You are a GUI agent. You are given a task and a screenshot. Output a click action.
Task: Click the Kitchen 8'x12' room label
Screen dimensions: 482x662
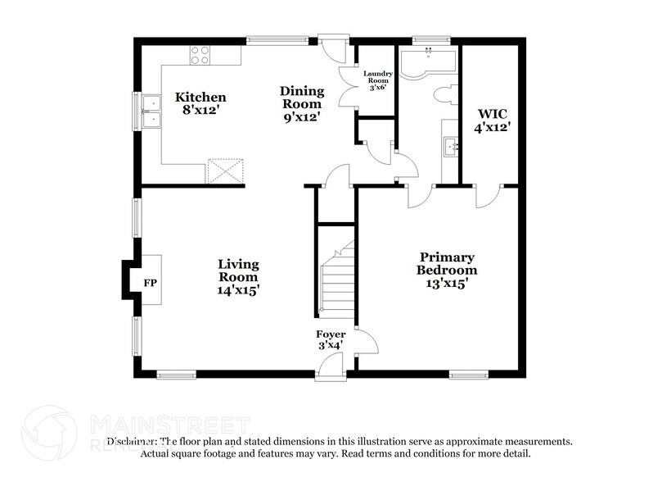pos(200,103)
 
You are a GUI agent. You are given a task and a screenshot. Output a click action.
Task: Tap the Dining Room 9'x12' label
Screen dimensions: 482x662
pos(302,103)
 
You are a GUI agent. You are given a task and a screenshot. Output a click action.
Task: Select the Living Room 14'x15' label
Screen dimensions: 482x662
pos(238,276)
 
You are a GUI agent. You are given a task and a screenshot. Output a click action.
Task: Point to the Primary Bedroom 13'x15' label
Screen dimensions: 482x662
pos(446,270)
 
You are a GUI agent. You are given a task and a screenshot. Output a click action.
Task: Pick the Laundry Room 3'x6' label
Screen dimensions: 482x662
pos(378,82)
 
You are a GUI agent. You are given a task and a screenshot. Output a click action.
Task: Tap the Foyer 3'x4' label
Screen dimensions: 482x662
pos(331,339)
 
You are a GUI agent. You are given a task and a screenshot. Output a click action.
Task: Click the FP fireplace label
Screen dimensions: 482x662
pos(150,283)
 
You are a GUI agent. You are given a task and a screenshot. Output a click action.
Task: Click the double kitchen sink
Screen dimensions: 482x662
pos(151,111)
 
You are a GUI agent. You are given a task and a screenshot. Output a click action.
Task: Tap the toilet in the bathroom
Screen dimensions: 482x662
pos(447,94)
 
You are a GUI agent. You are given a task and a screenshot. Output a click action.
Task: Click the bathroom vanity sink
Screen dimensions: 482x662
pos(450,148)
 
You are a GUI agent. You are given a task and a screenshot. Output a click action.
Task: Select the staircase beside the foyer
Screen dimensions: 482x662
pos(336,283)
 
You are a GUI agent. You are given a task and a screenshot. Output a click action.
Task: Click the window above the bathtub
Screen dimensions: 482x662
pos(425,40)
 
